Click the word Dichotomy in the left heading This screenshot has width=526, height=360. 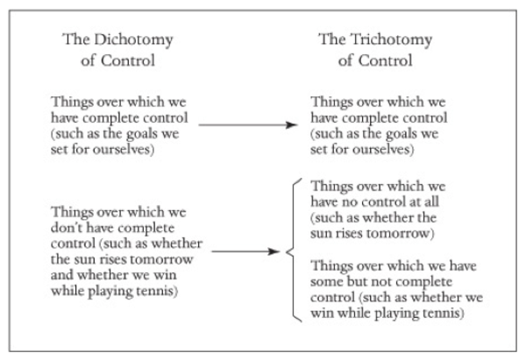point(133,40)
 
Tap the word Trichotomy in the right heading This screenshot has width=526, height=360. point(392,40)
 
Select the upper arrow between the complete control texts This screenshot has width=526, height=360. point(248,125)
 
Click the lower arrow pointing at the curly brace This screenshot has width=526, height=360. point(245,251)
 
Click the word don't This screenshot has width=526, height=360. point(64,228)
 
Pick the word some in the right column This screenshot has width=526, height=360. point(327,281)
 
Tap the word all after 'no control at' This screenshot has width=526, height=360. point(431,201)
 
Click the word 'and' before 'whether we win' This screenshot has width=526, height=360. point(62,275)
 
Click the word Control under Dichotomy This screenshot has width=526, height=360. point(128,60)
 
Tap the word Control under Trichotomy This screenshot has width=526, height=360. point(386,60)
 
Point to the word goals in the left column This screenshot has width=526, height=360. point(139,134)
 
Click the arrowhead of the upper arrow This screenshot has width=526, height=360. point(292,125)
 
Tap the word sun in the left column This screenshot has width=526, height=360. point(75,260)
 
